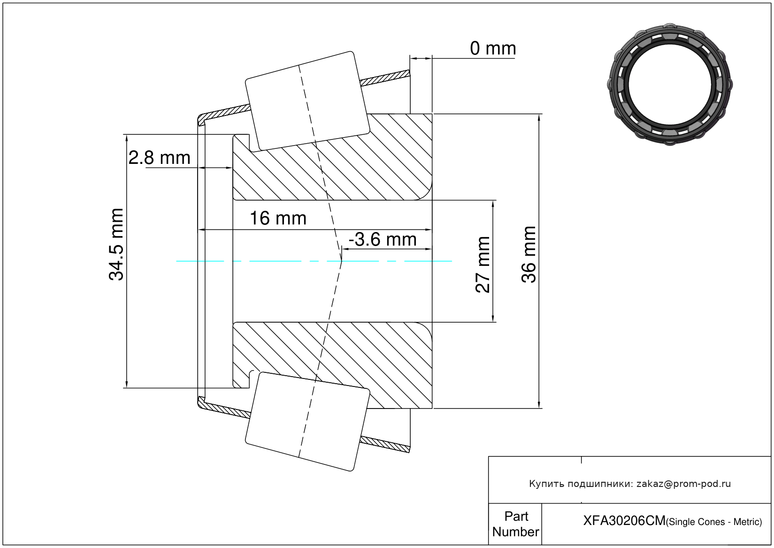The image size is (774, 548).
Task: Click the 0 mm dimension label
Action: coord(492,48)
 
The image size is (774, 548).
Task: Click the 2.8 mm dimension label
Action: coord(160,158)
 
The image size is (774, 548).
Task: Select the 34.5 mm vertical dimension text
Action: coord(116,245)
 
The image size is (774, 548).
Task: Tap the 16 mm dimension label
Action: coord(278,218)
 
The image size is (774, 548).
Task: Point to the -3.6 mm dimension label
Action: coord(383,239)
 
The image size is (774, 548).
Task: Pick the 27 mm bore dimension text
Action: coord(483,265)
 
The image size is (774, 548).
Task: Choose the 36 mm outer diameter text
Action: coord(529,255)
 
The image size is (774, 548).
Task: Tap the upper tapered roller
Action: coord(307,100)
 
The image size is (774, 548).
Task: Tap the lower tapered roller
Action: coord(307,421)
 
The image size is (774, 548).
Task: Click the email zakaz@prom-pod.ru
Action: coord(683,484)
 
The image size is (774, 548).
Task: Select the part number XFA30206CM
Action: coord(624,521)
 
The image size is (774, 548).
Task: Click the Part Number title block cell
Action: coord(515,524)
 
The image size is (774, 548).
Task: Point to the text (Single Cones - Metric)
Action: coord(714,522)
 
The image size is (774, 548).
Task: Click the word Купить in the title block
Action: coord(546,484)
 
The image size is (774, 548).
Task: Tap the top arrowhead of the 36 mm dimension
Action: coord(539,117)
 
